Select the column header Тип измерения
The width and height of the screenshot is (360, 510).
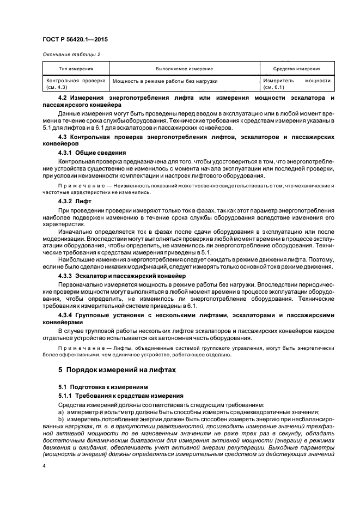click(76, 69)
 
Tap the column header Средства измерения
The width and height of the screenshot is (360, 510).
click(296, 69)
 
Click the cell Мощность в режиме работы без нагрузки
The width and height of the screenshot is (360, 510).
click(165, 81)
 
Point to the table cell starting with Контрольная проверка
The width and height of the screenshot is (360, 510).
click(76, 83)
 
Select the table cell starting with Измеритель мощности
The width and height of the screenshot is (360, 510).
click(296, 83)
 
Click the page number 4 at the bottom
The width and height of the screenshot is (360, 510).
click(44, 466)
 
